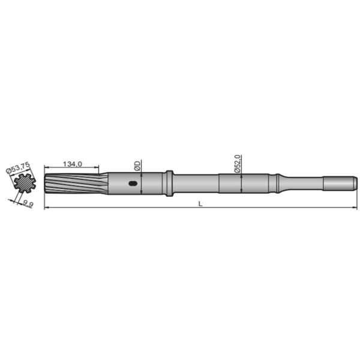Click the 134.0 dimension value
click(72, 164)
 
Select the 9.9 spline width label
click(27, 204)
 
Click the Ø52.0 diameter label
click(238, 163)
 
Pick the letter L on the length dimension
click(200, 204)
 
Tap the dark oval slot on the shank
click(133, 184)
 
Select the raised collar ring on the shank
click(169, 183)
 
